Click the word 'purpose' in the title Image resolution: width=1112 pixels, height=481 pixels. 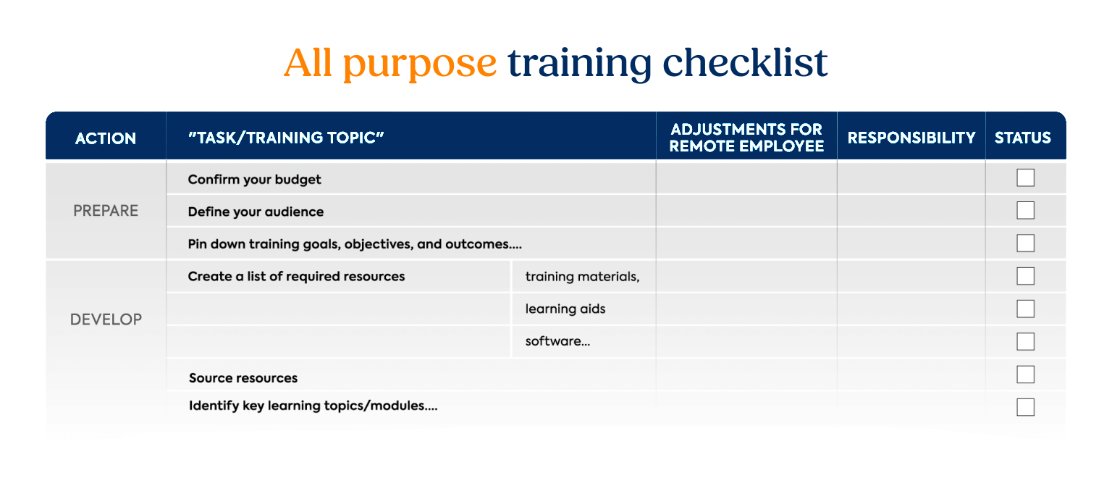point(419,64)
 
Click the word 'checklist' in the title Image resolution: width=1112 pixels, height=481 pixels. point(745,62)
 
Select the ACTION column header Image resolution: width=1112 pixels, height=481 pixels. point(106,138)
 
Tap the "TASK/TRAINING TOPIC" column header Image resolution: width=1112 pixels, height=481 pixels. point(286,138)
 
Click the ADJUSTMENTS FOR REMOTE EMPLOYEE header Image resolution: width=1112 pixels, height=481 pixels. point(746,138)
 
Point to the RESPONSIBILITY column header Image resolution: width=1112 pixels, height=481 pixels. point(911,138)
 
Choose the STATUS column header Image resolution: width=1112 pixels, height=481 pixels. point(1023,138)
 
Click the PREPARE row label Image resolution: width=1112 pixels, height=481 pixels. point(106,211)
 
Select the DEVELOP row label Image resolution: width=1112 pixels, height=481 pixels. point(106,319)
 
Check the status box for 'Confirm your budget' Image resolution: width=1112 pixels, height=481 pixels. point(1026,178)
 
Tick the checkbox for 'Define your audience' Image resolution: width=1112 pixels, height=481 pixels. point(1026,210)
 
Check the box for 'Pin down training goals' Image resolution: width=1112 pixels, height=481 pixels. point(1026,243)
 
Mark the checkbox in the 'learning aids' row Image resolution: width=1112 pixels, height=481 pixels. point(1026,309)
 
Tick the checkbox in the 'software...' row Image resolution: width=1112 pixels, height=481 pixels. point(1026,341)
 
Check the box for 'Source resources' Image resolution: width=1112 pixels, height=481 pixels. point(1026,375)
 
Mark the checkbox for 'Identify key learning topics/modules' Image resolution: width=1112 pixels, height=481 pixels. point(1026,407)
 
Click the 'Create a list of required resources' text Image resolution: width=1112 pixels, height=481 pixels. point(296,276)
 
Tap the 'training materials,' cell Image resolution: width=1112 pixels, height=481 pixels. point(582,277)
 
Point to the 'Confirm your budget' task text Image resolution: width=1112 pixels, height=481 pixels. point(254,180)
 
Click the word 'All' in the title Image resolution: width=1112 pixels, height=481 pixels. point(308,62)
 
